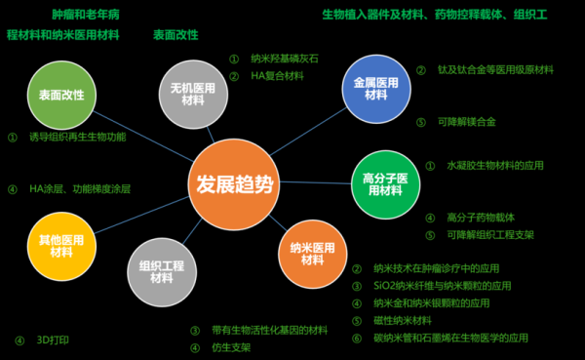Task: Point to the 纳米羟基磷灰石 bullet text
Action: [285, 59]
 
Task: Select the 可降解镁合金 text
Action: [467, 122]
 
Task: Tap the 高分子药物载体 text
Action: [481, 218]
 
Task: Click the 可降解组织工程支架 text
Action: [490, 235]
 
